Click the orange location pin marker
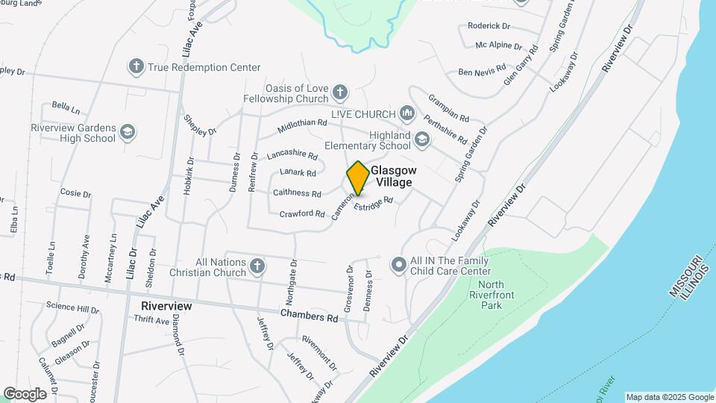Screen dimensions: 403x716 tap(358, 178)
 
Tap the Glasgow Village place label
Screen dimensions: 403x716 tap(393, 176)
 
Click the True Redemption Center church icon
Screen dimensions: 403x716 tap(136, 66)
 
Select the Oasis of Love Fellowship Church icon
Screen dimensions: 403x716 tap(340, 93)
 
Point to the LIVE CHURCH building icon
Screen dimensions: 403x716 tap(406, 113)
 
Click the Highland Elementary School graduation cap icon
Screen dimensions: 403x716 tap(422, 139)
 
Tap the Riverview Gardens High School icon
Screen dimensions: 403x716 tap(128, 132)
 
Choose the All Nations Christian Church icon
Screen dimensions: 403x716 tap(257, 266)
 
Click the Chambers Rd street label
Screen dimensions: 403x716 tap(309, 316)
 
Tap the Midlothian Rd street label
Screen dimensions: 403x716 tap(303, 123)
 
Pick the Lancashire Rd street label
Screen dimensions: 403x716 tap(292, 156)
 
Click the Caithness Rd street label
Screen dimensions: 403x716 tap(297, 193)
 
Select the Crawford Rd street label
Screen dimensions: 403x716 tap(302, 213)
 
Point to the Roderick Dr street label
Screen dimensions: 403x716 tap(488, 25)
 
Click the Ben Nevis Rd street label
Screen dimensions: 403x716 tap(481, 72)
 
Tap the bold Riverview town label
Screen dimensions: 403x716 tap(166, 306)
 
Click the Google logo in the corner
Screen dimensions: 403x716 tap(25, 393)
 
